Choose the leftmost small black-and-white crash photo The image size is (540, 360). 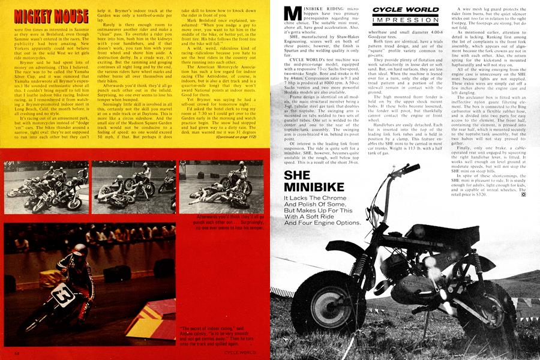(x=45, y=187)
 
